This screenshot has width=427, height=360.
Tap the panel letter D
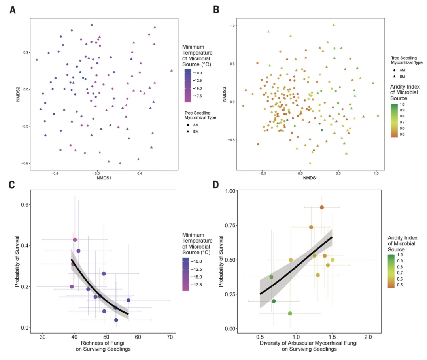pos(216,185)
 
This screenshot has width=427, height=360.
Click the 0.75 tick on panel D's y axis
pos(230,226)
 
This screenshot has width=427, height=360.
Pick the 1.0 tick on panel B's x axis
pos(376,173)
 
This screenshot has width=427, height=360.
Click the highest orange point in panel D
pos(322,207)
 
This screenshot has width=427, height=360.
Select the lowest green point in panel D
pos(290,313)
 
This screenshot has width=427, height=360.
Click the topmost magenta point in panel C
pos(75,240)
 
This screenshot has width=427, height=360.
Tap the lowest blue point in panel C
pos(116,320)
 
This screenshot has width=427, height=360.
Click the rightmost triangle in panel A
pos(172,71)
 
